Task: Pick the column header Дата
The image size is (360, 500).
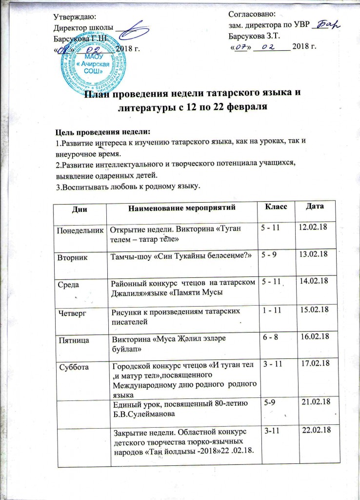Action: [314, 207]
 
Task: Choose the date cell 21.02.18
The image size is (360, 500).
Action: [317, 401]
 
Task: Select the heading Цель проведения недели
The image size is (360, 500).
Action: [103, 132]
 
